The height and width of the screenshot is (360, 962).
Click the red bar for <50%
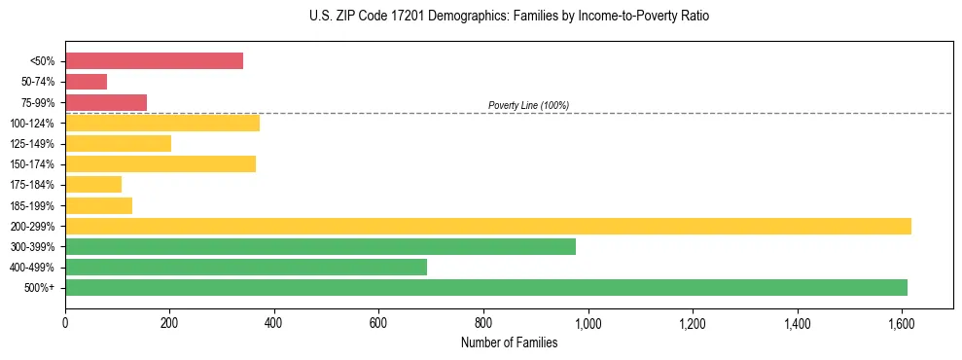pyautogui.click(x=154, y=61)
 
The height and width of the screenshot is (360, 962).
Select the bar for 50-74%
pyautogui.click(x=86, y=82)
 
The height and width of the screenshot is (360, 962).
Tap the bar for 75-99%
pyautogui.click(x=106, y=102)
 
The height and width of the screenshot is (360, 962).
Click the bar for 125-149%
pyautogui.click(x=118, y=144)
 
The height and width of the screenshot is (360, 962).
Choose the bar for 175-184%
pyautogui.click(x=93, y=185)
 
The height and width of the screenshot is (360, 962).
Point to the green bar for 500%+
pyautogui.click(x=486, y=288)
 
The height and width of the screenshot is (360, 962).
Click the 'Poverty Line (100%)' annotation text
pyautogui.click(x=528, y=105)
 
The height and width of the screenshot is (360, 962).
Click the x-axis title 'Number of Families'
pyautogui.click(x=509, y=342)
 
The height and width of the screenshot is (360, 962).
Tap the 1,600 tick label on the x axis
pyautogui.click(x=902, y=320)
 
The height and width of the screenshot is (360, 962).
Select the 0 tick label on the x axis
pyautogui.click(x=65, y=320)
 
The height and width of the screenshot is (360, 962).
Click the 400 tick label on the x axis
pyautogui.click(x=274, y=320)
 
